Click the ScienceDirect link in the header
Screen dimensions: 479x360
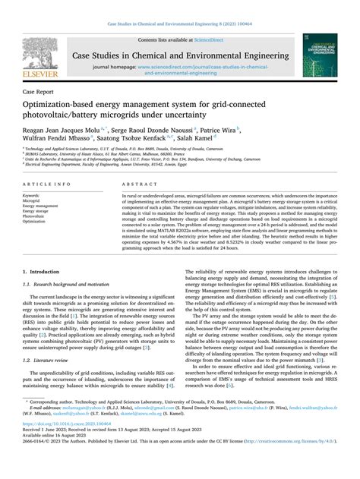point(215,39)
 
